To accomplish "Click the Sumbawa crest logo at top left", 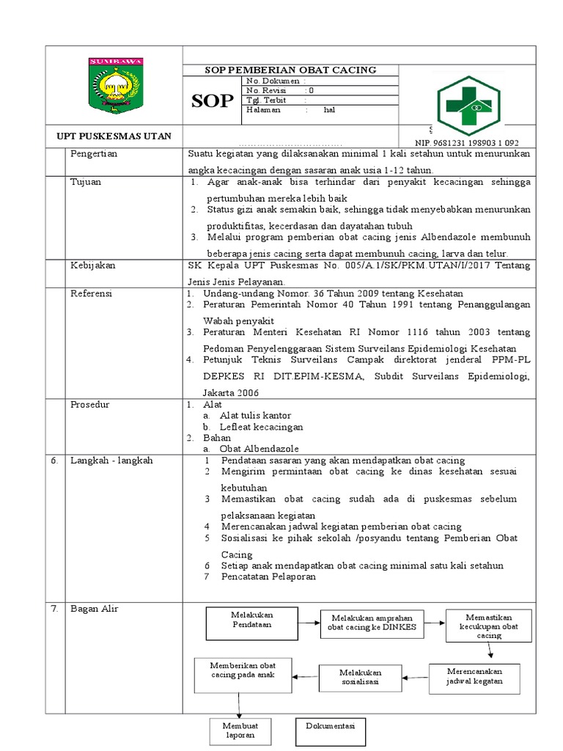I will click(x=114, y=85).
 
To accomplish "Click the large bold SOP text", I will click(x=213, y=101).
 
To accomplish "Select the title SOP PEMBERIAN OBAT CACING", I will click(x=290, y=70).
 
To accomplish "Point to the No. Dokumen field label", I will click(x=273, y=81).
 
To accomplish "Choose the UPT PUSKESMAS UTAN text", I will click(x=114, y=136).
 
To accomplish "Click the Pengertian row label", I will click(x=94, y=154).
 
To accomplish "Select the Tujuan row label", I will click(x=86, y=181).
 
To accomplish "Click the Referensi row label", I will click(x=91, y=293).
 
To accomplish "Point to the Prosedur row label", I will click(x=89, y=404).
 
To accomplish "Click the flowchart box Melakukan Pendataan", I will click(x=251, y=623).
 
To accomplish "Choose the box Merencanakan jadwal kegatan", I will click(x=474, y=679).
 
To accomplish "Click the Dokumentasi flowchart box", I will click(x=331, y=730).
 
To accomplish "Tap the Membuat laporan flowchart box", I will click(x=240, y=730).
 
